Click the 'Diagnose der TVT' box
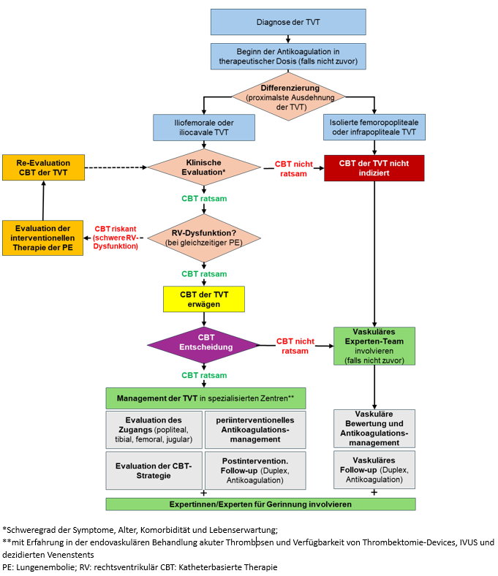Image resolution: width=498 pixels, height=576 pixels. (287, 22)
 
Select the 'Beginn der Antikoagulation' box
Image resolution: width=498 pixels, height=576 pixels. (287, 56)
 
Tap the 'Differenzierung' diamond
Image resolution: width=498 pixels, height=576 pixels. (287, 97)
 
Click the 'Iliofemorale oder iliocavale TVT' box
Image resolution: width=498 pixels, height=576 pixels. (203, 127)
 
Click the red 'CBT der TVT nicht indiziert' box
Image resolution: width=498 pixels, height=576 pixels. (374, 168)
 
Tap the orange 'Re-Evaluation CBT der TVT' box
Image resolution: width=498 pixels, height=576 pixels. (43, 167)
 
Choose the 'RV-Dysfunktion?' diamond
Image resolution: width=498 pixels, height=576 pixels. (204, 238)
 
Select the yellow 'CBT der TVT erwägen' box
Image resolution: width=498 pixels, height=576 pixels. (203, 299)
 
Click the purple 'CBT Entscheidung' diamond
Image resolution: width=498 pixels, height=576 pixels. (203, 342)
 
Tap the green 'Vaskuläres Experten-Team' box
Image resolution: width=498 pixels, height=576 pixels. (374, 346)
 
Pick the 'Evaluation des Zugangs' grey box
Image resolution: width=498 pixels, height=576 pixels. (153, 430)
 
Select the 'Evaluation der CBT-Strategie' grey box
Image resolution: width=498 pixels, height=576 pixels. (153, 470)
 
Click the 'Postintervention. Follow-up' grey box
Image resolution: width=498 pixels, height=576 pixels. (255, 470)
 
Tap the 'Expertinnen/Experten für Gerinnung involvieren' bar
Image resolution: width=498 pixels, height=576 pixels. (260, 504)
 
